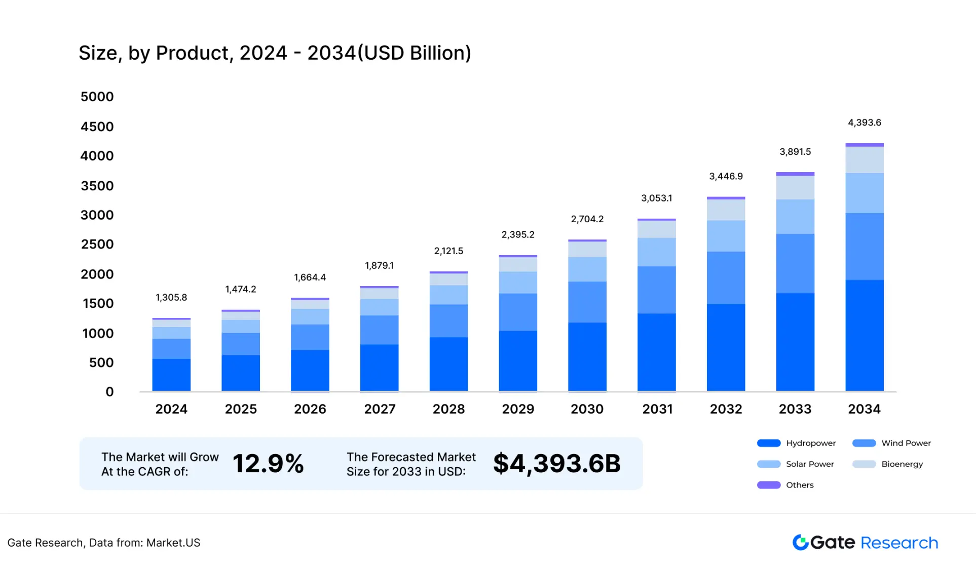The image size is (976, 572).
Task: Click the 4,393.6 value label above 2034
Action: [x=864, y=122]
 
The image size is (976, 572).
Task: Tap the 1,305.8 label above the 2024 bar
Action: [x=171, y=297]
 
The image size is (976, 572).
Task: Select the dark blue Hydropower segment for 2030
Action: [x=587, y=356]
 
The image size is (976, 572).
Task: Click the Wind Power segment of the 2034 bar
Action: [x=864, y=246]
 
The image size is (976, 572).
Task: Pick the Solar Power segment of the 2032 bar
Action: [x=726, y=236]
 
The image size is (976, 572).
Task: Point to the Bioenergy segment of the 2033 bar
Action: [x=795, y=187]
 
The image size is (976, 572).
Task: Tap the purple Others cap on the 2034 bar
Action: [x=864, y=145]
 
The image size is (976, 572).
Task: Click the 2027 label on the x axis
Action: [x=380, y=409]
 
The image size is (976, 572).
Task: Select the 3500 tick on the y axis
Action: [x=97, y=186]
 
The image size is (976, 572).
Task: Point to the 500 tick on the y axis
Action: [x=101, y=362]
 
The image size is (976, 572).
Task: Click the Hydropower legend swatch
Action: [x=768, y=443]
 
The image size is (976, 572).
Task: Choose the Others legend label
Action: [x=800, y=485]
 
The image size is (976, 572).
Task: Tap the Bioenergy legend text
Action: [x=902, y=464]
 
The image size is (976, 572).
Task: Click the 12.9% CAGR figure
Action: [x=268, y=464]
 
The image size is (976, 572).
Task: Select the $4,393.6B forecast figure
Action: [x=556, y=464]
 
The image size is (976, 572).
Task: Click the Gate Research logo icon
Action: [x=800, y=542]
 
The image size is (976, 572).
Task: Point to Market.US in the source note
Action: [x=173, y=543]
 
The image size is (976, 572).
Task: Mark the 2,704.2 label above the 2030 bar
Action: [x=587, y=219]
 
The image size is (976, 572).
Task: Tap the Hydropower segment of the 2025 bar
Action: [x=241, y=373]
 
